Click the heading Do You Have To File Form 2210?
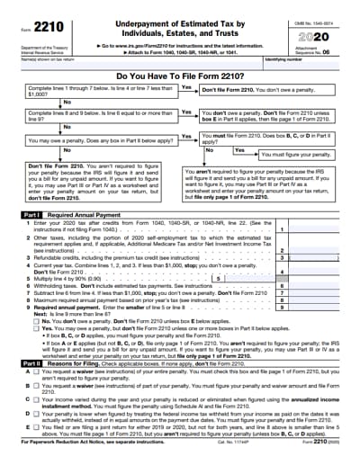[x=180, y=76]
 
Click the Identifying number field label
[x=286, y=59]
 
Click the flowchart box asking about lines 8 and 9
[x=94, y=116]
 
